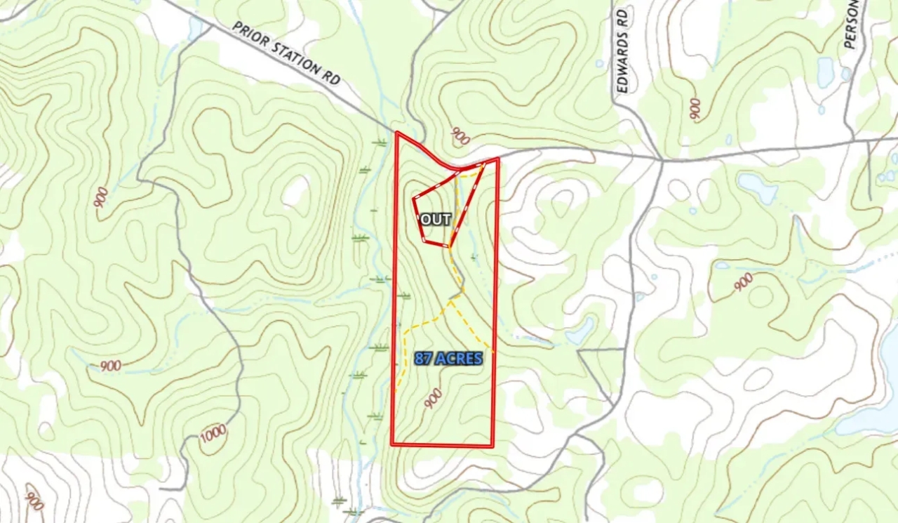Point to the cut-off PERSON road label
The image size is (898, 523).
point(852,25)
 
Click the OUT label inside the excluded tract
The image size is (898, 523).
point(435,220)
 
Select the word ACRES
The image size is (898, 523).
point(459,359)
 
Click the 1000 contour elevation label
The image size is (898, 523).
point(213,434)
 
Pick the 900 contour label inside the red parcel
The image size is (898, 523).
point(433,399)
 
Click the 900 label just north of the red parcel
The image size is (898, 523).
point(460,136)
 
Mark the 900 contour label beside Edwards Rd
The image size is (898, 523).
point(695,109)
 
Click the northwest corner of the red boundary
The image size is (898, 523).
point(397,133)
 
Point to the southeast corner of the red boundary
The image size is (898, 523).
point(492,446)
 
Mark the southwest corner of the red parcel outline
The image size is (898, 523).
point(392,444)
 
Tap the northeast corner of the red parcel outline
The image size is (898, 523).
point(497,159)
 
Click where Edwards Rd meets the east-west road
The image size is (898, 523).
point(661,160)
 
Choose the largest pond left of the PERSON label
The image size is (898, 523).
point(826,72)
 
